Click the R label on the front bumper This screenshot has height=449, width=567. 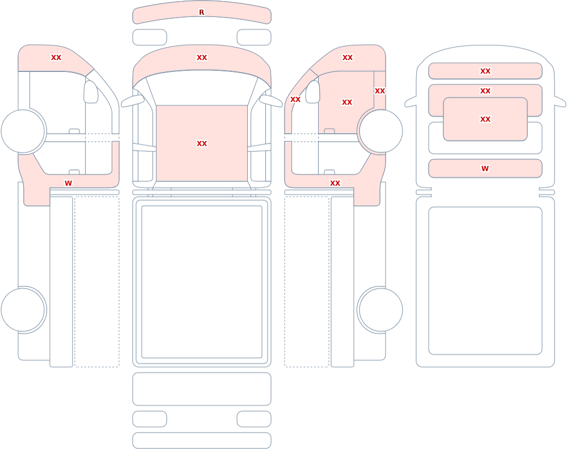[x=201, y=12]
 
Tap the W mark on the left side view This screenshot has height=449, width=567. [x=68, y=183]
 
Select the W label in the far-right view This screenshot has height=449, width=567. [x=485, y=168]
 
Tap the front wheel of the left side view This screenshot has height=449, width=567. [x=23, y=131]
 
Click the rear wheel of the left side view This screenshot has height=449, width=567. [x=23, y=310]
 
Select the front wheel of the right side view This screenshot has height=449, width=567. [x=380, y=131]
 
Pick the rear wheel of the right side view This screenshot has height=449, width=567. [x=380, y=310]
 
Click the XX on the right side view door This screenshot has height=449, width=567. [x=347, y=102]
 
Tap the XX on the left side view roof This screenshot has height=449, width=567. [x=56, y=57]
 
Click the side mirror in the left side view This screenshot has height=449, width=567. [x=91, y=92]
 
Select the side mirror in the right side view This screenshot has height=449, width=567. [x=313, y=92]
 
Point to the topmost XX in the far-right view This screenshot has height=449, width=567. [x=485, y=71]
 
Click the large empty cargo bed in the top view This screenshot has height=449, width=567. [x=202, y=282]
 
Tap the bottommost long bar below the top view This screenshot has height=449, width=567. [x=202, y=441]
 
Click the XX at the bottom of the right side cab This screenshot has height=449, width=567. [x=335, y=183]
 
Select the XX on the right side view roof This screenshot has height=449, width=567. [x=348, y=57]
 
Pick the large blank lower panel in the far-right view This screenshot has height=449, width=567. [x=485, y=281]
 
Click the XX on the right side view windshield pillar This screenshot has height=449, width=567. [x=295, y=99]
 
